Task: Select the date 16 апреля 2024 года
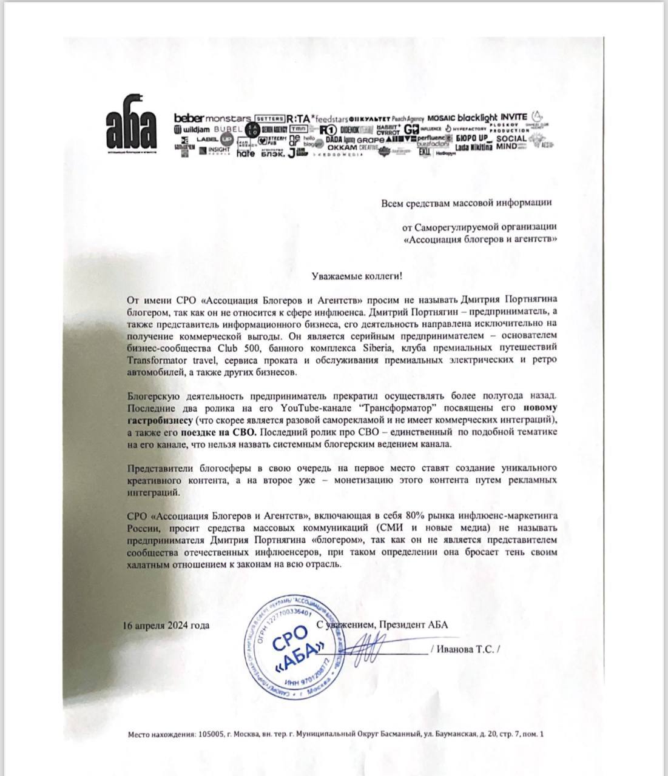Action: pos(166,625)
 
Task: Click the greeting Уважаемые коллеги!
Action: pos(353,275)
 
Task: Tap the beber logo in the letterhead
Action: pos(189,116)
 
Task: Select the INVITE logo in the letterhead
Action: pos(514,116)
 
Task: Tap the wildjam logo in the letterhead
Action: pos(191,129)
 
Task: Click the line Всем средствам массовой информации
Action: pos(467,204)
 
